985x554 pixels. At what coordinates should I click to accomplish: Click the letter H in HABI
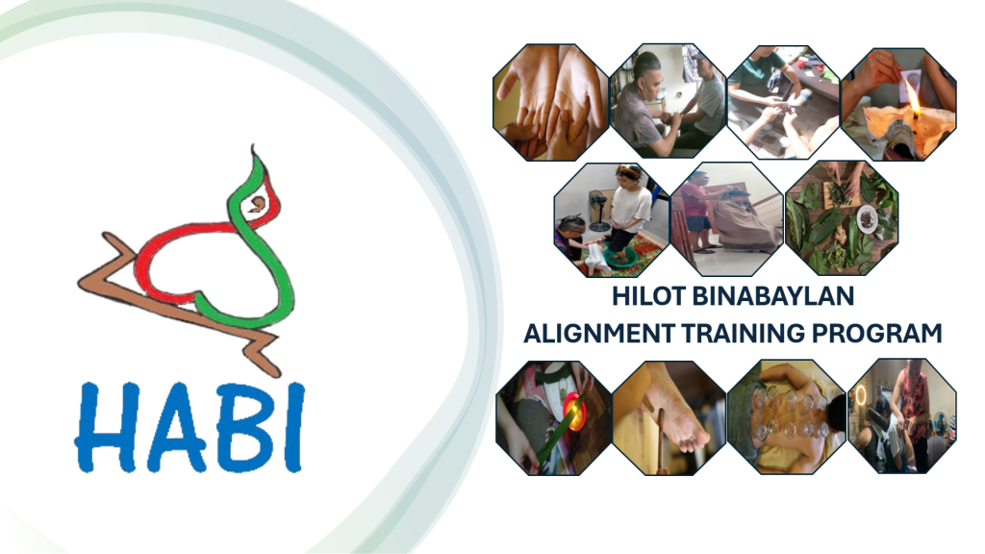(x=103, y=424)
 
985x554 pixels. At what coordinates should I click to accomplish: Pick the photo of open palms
(x=550, y=102)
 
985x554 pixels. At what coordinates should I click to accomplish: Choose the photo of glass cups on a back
(x=786, y=416)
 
